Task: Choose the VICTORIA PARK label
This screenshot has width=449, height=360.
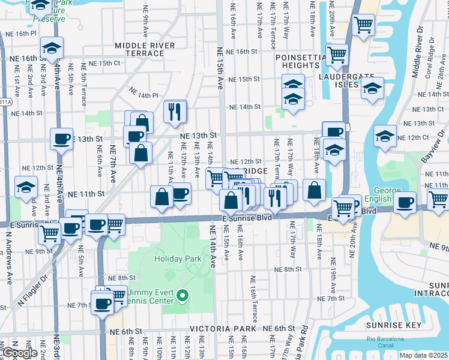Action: pos(218,329)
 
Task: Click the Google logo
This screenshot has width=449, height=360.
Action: pos(20,353)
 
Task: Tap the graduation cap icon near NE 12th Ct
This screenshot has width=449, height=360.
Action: pos(385,135)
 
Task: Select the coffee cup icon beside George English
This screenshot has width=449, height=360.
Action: pos(405,202)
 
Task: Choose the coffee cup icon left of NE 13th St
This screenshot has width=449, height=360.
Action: pos(61,139)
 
